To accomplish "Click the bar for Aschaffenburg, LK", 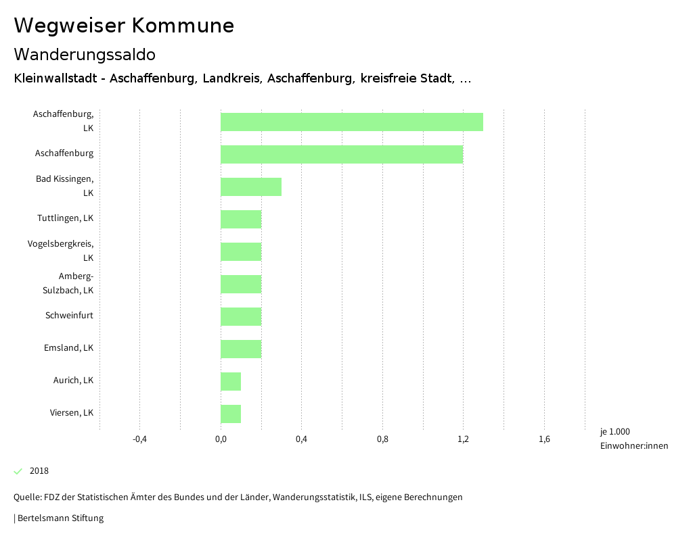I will [351, 122].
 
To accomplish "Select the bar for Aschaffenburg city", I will [341, 155].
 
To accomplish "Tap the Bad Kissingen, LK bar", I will [250, 187].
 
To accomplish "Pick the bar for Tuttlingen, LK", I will [240, 220].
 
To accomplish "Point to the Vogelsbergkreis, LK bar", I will [240, 252].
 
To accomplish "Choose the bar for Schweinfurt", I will [240, 317].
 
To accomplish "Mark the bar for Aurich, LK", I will [230, 382].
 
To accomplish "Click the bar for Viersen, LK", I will [230, 414].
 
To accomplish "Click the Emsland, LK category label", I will [68, 348].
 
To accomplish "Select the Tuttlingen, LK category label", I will [65, 218].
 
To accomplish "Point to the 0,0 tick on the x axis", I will [221, 439].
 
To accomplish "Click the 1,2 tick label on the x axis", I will [463, 439].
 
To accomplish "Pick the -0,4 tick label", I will [139, 439].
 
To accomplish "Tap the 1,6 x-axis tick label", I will [544, 439].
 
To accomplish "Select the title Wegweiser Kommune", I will [124, 26].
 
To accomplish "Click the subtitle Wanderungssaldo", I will [85, 54].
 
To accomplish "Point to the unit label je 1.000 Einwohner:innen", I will [633, 439].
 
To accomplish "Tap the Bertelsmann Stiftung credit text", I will [60, 518].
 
